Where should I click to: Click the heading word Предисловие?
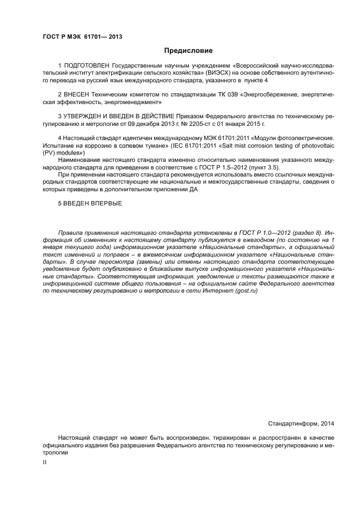[188, 51]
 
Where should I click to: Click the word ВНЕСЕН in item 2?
[80, 94]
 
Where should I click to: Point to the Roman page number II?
[45, 462]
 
